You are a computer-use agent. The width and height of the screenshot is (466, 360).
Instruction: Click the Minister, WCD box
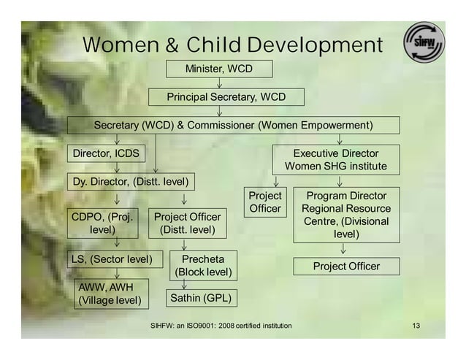tap(219, 69)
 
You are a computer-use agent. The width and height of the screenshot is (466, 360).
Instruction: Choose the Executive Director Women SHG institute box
tap(336, 160)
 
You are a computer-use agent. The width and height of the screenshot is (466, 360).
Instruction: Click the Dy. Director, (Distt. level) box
tap(129, 180)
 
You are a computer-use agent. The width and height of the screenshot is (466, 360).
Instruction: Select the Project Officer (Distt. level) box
tap(187, 223)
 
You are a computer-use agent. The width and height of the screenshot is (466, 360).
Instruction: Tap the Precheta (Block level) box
tap(203, 266)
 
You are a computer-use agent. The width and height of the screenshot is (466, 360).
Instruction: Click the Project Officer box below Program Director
tap(346, 266)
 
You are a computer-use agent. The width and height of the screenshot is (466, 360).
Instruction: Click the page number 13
tap(417, 324)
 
